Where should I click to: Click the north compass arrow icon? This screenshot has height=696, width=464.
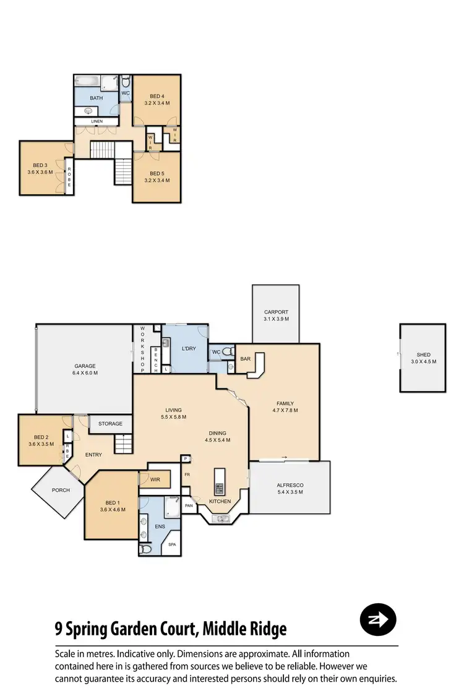(378, 619)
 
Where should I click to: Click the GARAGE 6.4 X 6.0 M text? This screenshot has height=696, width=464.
(85, 370)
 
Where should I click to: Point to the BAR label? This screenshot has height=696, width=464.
(245, 359)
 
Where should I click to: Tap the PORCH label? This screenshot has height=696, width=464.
(61, 490)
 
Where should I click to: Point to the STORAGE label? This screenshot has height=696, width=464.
(110, 424)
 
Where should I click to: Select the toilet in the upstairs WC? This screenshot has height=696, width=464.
(125, 82)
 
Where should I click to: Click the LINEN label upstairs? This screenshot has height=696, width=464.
(97, 121)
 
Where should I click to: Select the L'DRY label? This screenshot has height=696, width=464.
(189, 349)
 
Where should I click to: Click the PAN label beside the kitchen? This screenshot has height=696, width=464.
(189, 505)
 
